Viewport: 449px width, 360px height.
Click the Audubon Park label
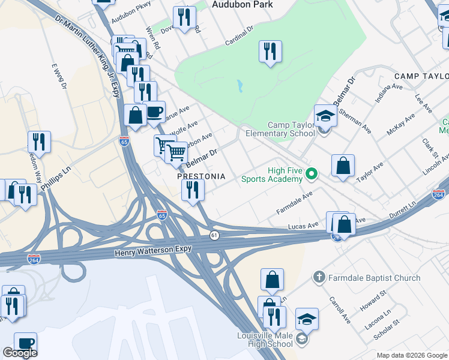243,5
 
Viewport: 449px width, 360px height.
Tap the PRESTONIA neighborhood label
201,177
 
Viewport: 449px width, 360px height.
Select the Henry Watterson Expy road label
153,253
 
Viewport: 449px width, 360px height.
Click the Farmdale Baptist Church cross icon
319,278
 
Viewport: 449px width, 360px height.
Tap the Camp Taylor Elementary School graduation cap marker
325,115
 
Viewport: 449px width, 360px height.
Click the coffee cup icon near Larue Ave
154,111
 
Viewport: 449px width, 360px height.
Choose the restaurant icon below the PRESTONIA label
193,191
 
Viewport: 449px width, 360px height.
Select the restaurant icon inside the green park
270,52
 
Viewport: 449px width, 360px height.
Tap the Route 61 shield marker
214,235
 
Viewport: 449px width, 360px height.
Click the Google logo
20,353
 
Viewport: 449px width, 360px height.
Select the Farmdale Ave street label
295,203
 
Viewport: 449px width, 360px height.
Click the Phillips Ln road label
59,175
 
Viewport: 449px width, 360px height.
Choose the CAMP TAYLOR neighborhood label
421,76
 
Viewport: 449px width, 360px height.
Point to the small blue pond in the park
240,86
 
